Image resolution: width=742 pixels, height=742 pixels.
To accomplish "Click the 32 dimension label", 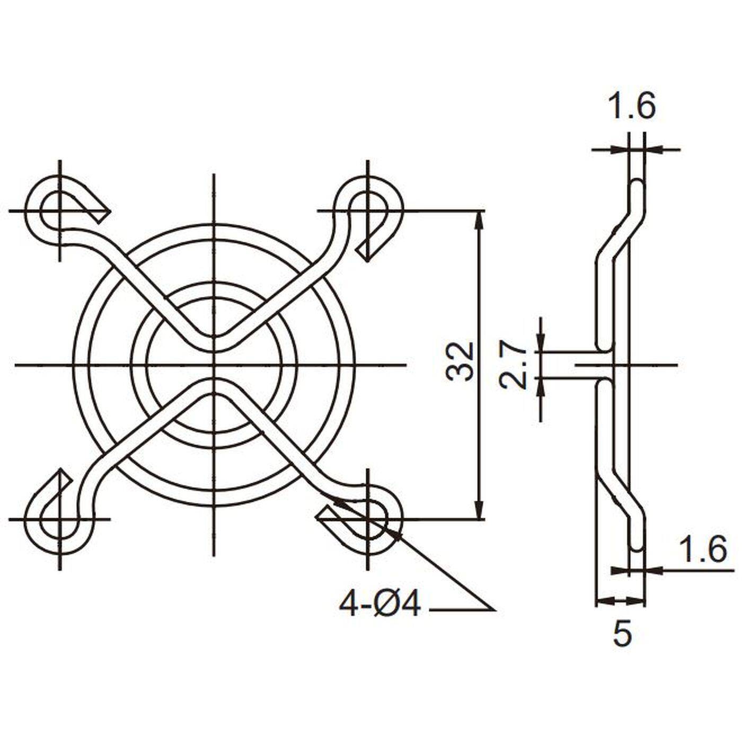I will pyautogui.click(x=460, y=363).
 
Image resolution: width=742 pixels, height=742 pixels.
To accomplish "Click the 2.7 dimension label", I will pyautogui.click(x=513, y=365).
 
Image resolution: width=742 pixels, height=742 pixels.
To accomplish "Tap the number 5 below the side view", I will pyautogui.click(x=622, y=633).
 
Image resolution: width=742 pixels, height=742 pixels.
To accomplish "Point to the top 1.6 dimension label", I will pyautogui.click(x=631, y=106).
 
